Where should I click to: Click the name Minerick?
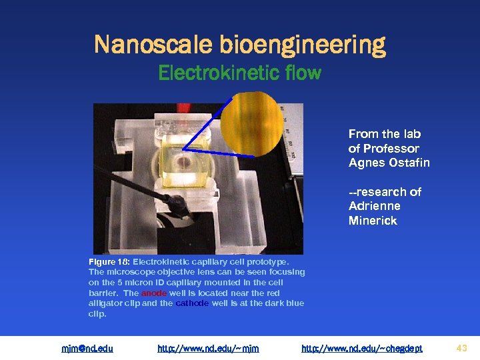point(373,221)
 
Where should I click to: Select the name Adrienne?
point(375,206)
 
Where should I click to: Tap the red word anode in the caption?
point(153,293)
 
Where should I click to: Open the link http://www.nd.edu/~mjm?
point(208,347)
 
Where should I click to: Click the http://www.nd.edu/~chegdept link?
point(361,347)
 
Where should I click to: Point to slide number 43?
point(462,347)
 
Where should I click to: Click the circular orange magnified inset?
point(252,123)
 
